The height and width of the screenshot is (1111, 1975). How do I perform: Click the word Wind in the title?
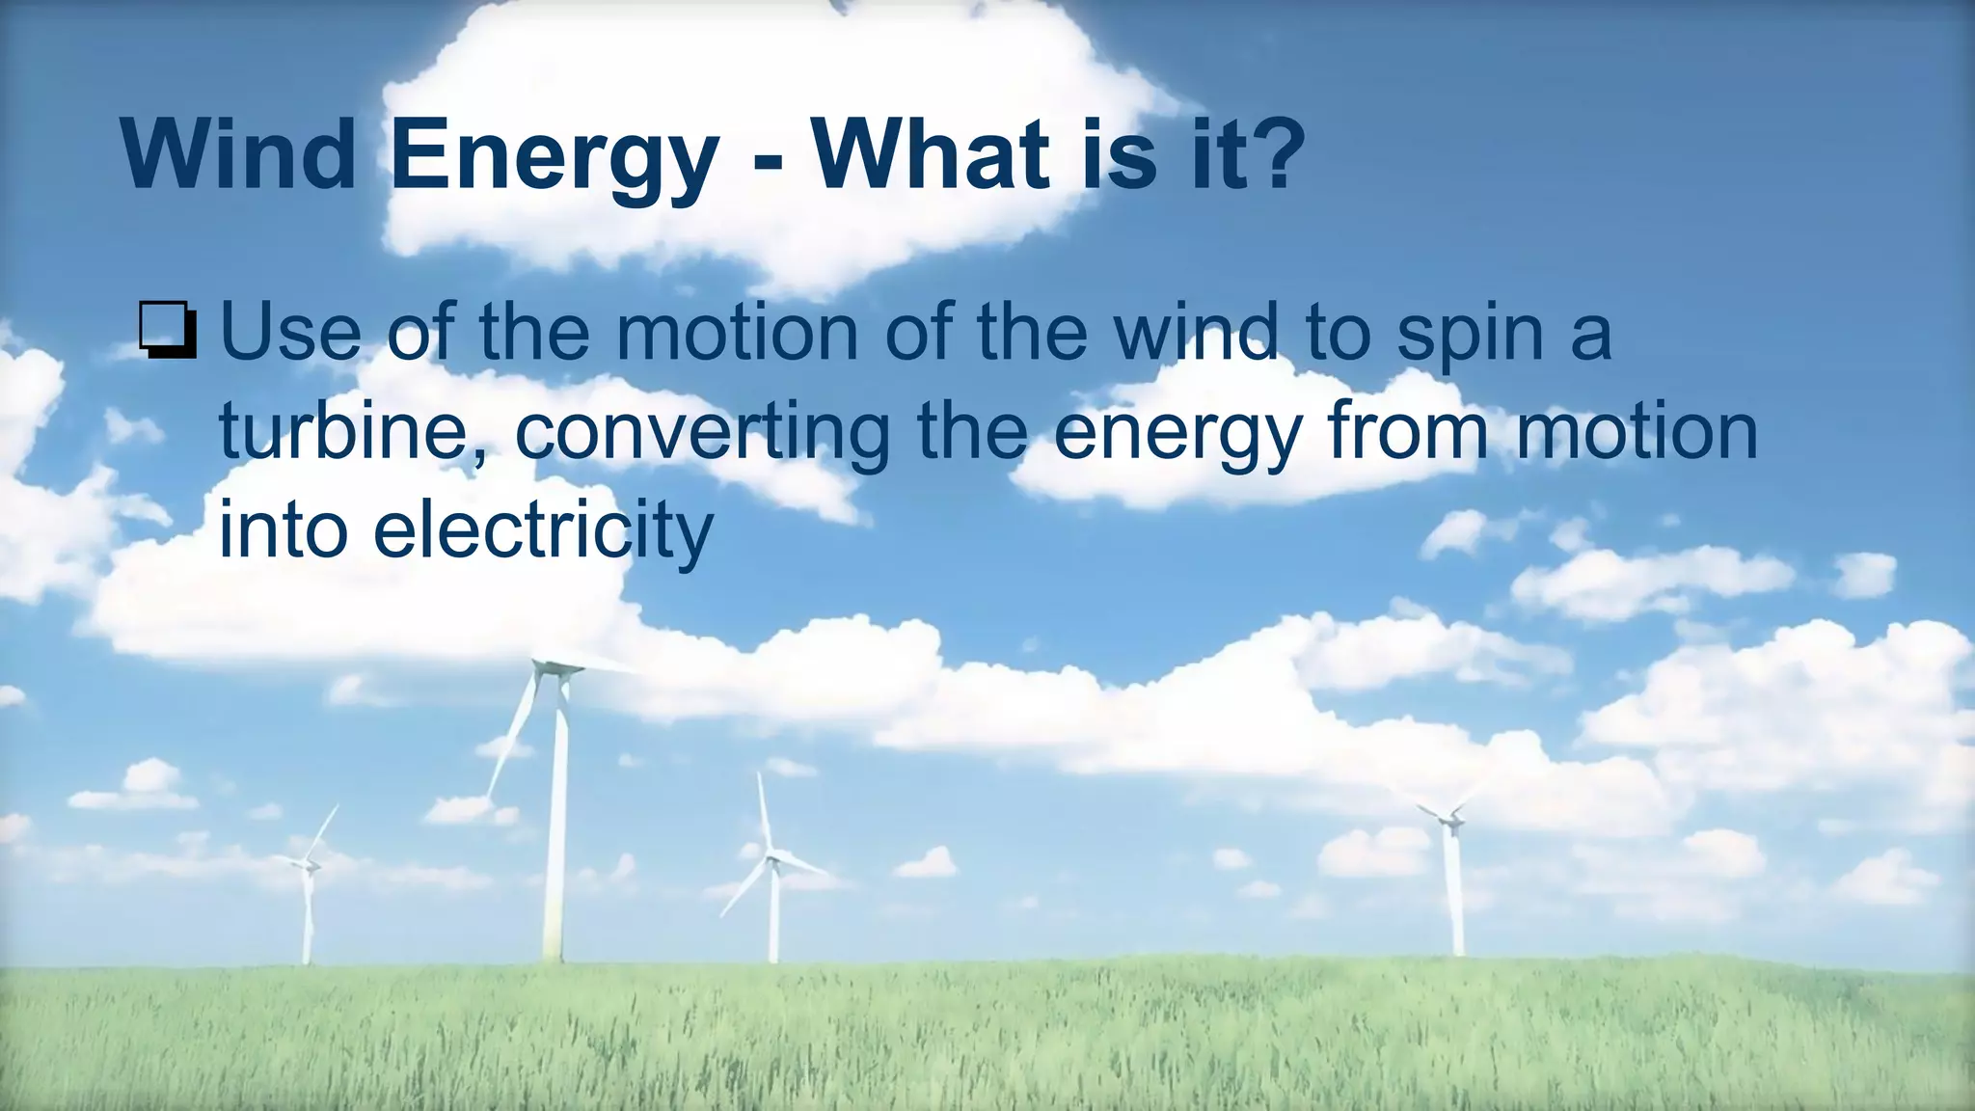pyautogui.click(x=238, y=154)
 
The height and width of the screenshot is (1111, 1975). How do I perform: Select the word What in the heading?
pyautogui.click(x=929, y=154)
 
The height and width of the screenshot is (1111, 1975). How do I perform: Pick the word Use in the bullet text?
pyautogui.click(x=290, y=332)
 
